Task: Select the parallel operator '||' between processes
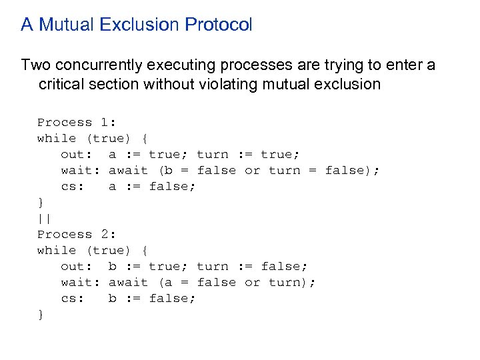(44, 218)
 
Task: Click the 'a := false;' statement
(153, 186)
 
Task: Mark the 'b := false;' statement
(153, 298)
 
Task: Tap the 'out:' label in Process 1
(76, 154)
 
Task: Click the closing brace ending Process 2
(41, 314)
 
